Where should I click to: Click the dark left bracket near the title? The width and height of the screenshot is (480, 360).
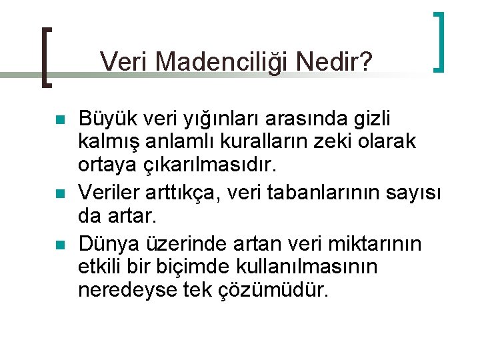click(45, 57)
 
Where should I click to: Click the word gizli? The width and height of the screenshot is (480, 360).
click(371, 119)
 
